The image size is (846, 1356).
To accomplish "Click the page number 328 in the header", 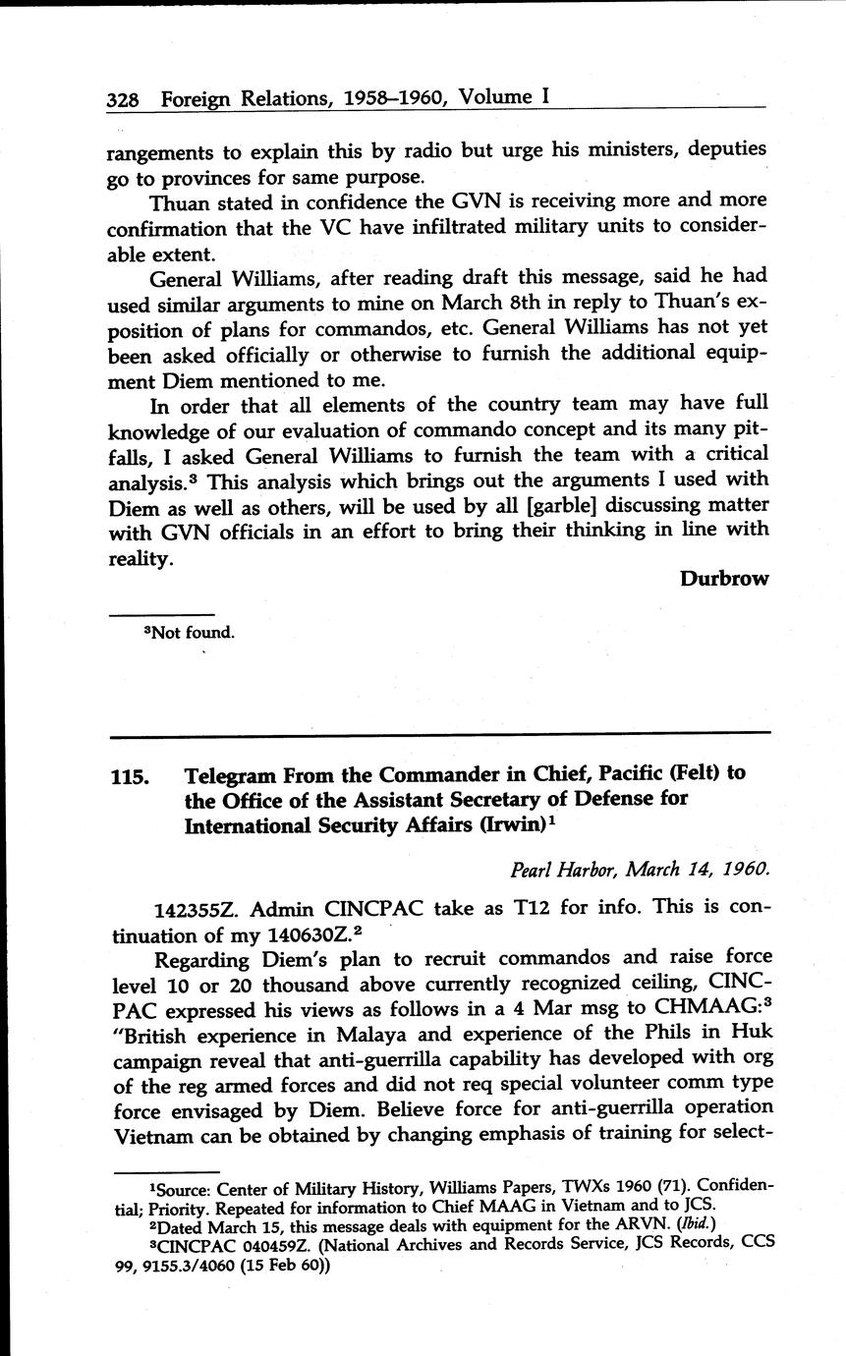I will coord(124,98).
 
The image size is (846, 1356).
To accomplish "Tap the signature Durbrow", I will coord(723,579).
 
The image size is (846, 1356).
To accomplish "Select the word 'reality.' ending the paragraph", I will coord(141,557).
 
